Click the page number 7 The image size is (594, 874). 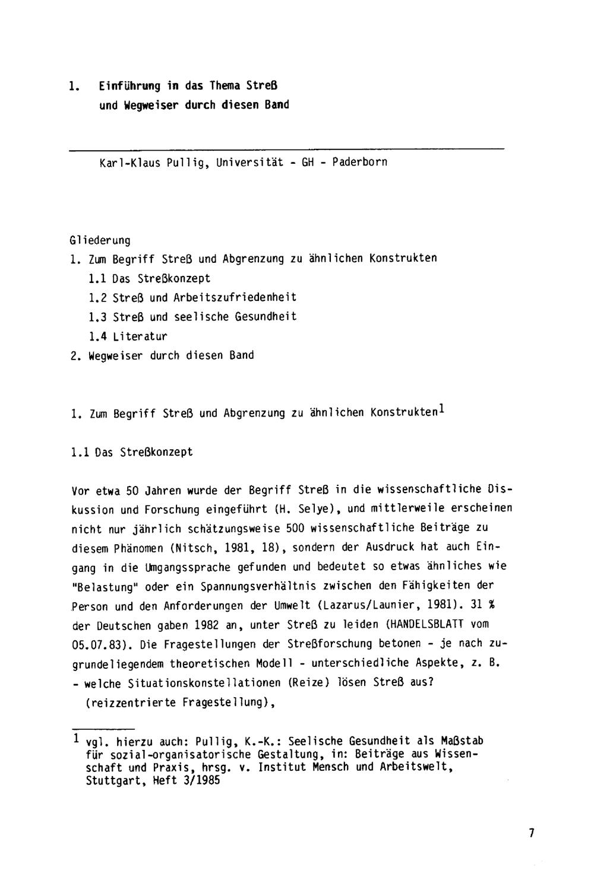tap(532, 832)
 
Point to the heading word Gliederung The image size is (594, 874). tap(99, 240)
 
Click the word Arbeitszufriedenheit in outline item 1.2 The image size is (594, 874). tap(235, 297)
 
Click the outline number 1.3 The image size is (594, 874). tap(97, 317)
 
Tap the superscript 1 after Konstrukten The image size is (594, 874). tap(442, 409)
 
